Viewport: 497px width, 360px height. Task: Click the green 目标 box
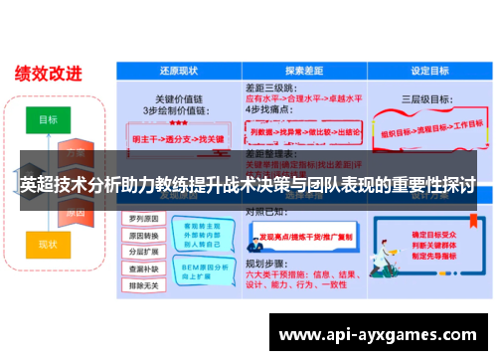click(49, 119)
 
